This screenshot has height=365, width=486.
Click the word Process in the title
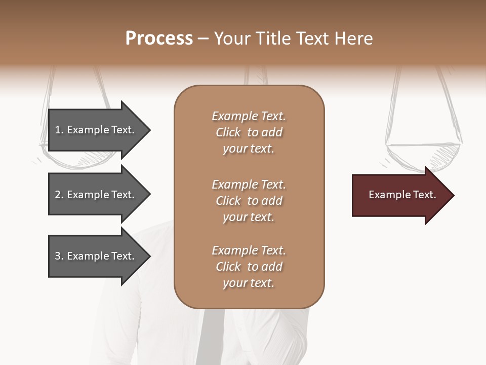159,39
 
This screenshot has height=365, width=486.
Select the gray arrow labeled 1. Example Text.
96,130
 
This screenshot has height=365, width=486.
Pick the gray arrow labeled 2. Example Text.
96,195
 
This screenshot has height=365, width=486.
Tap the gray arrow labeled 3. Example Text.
96,256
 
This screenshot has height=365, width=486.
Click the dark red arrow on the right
400,195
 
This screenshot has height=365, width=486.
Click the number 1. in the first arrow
59,130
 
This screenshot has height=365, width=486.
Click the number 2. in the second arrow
59,195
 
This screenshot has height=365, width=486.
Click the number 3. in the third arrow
59,256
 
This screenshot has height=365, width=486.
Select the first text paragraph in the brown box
249,132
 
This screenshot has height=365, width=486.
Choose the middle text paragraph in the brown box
249,200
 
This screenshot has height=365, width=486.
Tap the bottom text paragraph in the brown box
249,267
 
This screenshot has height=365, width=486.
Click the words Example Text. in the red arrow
402,195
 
